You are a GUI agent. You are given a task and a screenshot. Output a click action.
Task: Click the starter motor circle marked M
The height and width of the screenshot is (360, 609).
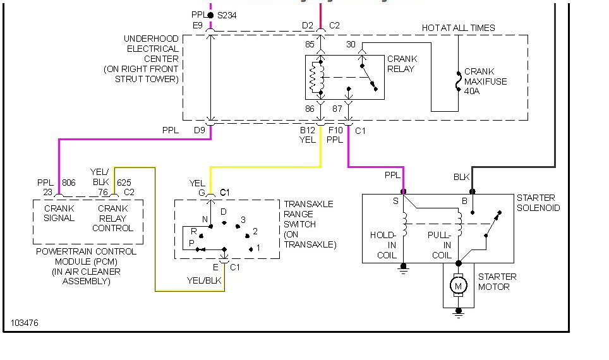click(458, 286)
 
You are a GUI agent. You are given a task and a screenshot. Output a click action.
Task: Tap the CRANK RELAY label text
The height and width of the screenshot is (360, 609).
click(402, 64)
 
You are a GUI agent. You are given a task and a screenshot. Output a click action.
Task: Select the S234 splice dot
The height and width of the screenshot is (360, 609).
click(210, 16)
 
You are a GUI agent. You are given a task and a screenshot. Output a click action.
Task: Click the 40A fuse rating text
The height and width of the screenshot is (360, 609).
click(472, 91)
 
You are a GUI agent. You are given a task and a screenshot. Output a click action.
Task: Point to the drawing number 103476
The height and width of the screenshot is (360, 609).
click(25, 323)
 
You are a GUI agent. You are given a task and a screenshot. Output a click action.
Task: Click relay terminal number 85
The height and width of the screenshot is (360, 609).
click(310, 44)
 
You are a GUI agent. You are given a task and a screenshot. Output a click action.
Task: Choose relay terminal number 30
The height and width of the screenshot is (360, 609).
click(351, 44)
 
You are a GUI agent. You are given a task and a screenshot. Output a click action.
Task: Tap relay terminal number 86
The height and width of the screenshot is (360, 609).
click(310, 109)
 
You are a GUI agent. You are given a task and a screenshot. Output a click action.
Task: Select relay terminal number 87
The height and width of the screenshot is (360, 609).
click(337, 109)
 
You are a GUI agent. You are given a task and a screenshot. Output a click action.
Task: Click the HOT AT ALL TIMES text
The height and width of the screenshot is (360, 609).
click(458, 28)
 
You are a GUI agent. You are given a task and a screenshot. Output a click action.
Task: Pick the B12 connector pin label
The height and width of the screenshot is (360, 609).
click(308, 130)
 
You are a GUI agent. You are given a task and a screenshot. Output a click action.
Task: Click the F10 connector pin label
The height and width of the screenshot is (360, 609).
click(335, 130)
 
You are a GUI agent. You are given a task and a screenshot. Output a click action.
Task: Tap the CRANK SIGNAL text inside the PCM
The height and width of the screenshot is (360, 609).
click(59, 213)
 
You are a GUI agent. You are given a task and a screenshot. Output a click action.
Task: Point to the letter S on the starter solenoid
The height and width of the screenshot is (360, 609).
click(395, 201)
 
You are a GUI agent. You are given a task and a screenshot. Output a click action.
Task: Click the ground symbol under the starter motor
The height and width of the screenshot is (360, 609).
click(459, 313)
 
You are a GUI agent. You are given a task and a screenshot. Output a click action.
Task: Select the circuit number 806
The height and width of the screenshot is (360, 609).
click(69, 183)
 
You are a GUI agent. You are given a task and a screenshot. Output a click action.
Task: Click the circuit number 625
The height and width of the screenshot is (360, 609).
click(124, 183)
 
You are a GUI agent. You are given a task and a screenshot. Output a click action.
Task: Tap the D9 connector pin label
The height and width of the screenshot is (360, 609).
click(199, 130)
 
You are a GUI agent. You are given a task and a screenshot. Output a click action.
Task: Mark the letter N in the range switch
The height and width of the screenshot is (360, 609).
click(205, 219)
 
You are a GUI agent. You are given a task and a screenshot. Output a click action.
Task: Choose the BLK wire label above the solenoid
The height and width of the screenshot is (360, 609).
click(461, 177)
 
